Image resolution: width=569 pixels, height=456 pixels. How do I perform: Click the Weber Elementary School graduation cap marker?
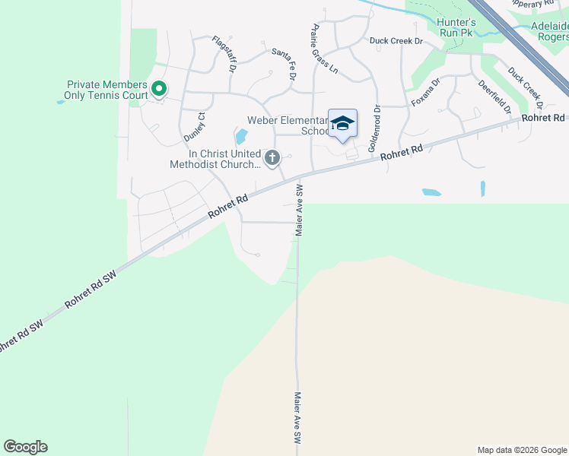pos(342,124)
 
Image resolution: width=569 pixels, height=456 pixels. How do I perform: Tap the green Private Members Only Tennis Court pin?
pos(159,90)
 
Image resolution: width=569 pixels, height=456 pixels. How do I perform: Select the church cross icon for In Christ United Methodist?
pos(272,158)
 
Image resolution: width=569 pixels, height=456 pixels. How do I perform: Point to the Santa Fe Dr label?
pos(284,64)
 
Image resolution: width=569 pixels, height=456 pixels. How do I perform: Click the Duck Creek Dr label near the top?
pos(396,41)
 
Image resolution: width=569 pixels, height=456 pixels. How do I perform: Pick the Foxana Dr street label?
pos(426,92)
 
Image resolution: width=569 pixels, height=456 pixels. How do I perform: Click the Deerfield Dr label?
pos(495,97)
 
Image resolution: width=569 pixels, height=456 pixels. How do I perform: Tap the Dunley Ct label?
pos(195,127)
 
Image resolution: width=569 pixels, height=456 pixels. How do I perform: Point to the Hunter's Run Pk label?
pos(456,27)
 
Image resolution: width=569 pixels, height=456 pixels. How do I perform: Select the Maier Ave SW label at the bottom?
pos(298,418)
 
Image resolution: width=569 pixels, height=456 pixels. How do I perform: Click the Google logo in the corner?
pos(25,447)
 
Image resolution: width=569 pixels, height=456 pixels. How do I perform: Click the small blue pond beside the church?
pos(242,137)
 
